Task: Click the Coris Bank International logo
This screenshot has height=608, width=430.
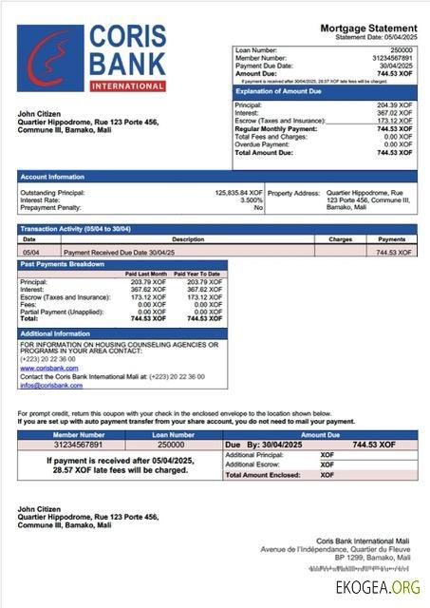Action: pyautogui.click(x=91, y=58)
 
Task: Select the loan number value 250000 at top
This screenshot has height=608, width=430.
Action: pyautogui.click(x=402, y=49)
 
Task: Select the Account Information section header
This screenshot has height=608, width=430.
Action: pyautogui.click(x=53, y=177)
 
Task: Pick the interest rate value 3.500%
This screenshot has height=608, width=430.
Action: pyautogui.click(x=251, y=199)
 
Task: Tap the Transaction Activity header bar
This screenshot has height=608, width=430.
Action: pyautogui.click(x=76, y=229)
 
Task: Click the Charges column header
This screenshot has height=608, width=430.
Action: pyautogui.click(x=340, y=239)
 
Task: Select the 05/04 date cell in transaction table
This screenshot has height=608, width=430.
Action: pyautogui.click(x=30, y=253)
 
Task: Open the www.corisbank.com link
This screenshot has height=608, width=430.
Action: pyautogui.click(x=43, y=368)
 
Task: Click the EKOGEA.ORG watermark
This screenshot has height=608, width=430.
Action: pyautogui.click(x=377, y=586)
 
